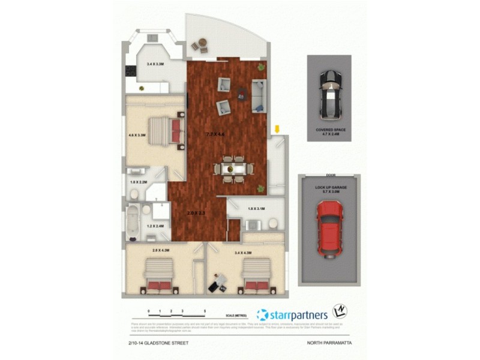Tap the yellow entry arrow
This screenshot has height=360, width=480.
pos(277,129)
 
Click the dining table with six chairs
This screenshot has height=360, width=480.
pos(229,169)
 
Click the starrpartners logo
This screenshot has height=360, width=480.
pos(292,314)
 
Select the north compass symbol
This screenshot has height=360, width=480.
pos(340,311)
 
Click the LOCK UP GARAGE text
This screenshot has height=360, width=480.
pos(331,187)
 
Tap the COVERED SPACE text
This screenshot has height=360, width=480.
pos(331,129)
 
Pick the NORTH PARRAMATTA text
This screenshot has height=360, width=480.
pos(329,343)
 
